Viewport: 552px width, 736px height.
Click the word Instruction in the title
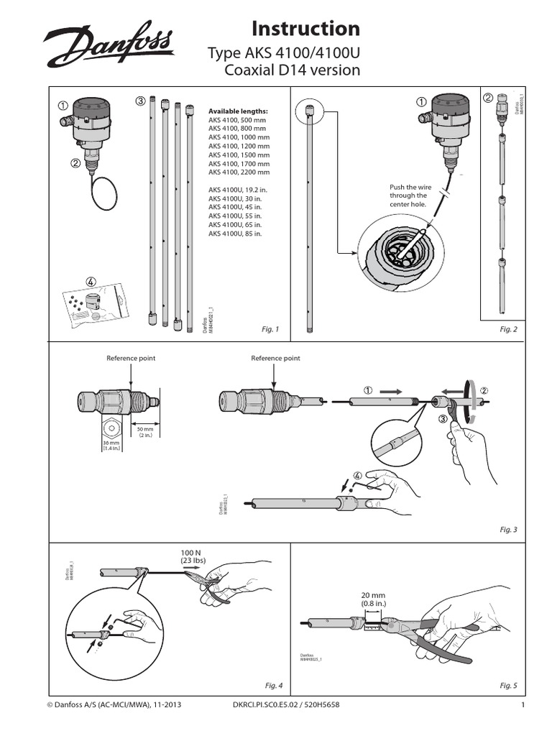[305, 28]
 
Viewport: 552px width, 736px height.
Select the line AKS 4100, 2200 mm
[239, 172]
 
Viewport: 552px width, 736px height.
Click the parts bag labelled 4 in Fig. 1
[93, 305]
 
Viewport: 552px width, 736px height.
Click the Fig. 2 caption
[508, 329]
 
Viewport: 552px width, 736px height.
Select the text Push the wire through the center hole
[408, 195]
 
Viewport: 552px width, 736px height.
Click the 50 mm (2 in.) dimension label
[146, 432]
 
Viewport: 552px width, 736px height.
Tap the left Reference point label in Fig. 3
[131, 358]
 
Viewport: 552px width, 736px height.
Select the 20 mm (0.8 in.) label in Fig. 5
[374, 599]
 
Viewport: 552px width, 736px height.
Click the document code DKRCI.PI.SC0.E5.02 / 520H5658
[286, 705]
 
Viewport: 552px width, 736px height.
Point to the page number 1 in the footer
[524, 705]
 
